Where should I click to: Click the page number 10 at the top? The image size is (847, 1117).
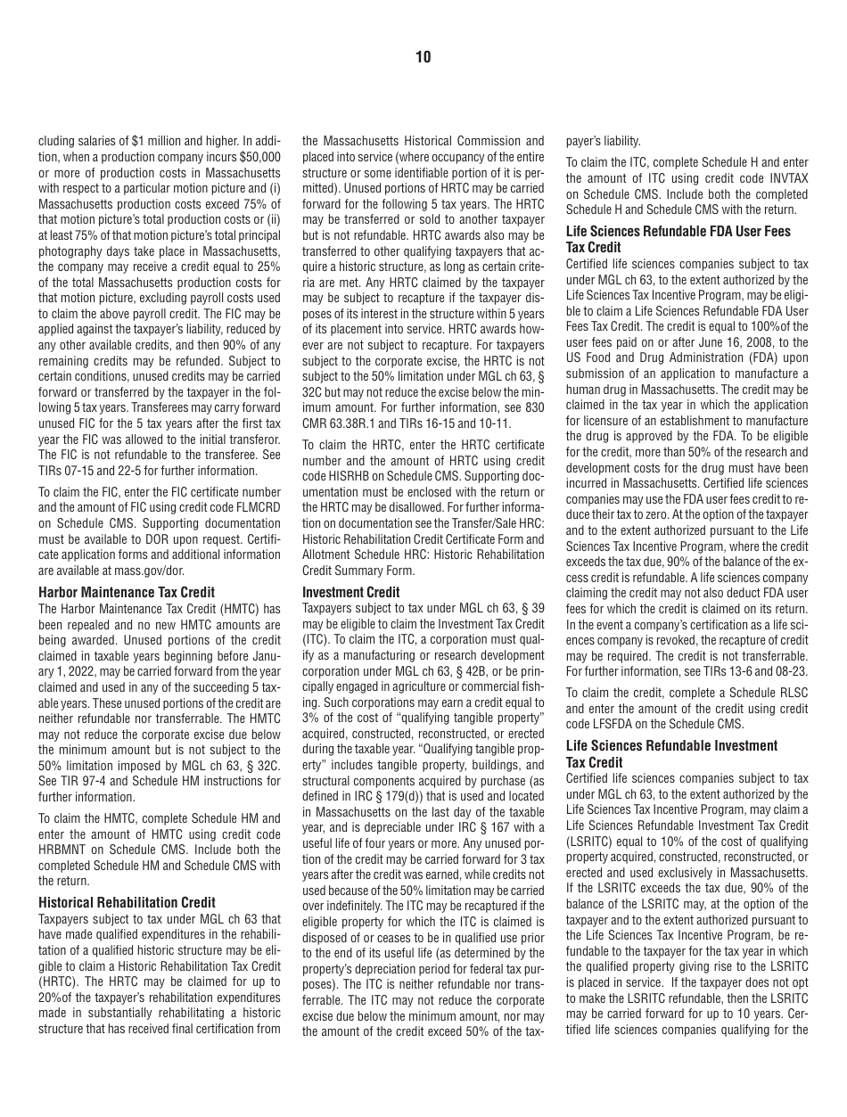click(423, 57)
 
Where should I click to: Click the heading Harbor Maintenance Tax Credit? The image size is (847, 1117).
click(127, 592)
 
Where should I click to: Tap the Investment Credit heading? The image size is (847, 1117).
click(351, 592)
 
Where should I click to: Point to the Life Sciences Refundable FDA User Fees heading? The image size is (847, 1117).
click(678, 231)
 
